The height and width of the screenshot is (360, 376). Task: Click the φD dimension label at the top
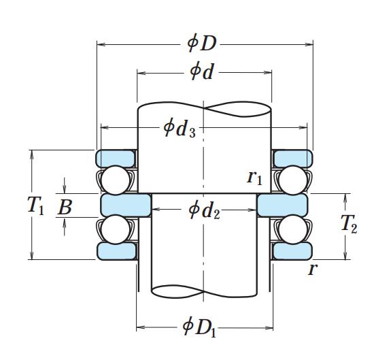click(x=202, y=44)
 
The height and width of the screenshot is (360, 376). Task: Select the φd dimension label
click(x=202, y=71)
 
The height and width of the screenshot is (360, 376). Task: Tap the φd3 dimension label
click(x=180, y=129)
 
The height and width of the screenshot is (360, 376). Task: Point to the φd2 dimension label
click(x=204, y=210)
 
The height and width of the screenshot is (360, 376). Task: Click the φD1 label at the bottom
click(x=199, y=327)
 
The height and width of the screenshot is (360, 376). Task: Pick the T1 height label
click(x=36, y=206)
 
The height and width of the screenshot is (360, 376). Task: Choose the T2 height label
click(x=349, y=224)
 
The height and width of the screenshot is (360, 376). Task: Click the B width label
click(x=65, y=208)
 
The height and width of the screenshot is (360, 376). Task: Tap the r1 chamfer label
click(x=255, y=178)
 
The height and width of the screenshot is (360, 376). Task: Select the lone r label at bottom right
click(x=313, y=269)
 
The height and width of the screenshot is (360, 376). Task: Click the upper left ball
click(x=116, y=180)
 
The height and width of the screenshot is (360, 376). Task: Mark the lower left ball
click(x=116, y=229)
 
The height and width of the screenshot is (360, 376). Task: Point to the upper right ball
click(x=293, y=180)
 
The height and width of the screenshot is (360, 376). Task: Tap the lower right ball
click(x=293, y=229)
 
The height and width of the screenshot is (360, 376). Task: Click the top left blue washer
click(x=116, y=159)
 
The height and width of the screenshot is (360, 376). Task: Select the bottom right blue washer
click(x=292, y=251)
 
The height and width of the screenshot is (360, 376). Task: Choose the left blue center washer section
click(x=126, y=206)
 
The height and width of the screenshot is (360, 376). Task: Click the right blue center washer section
click(x=282, y=206)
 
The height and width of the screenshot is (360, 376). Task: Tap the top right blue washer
click(x=293, y=159)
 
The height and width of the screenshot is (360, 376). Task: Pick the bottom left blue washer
click(x=116, y=251)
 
